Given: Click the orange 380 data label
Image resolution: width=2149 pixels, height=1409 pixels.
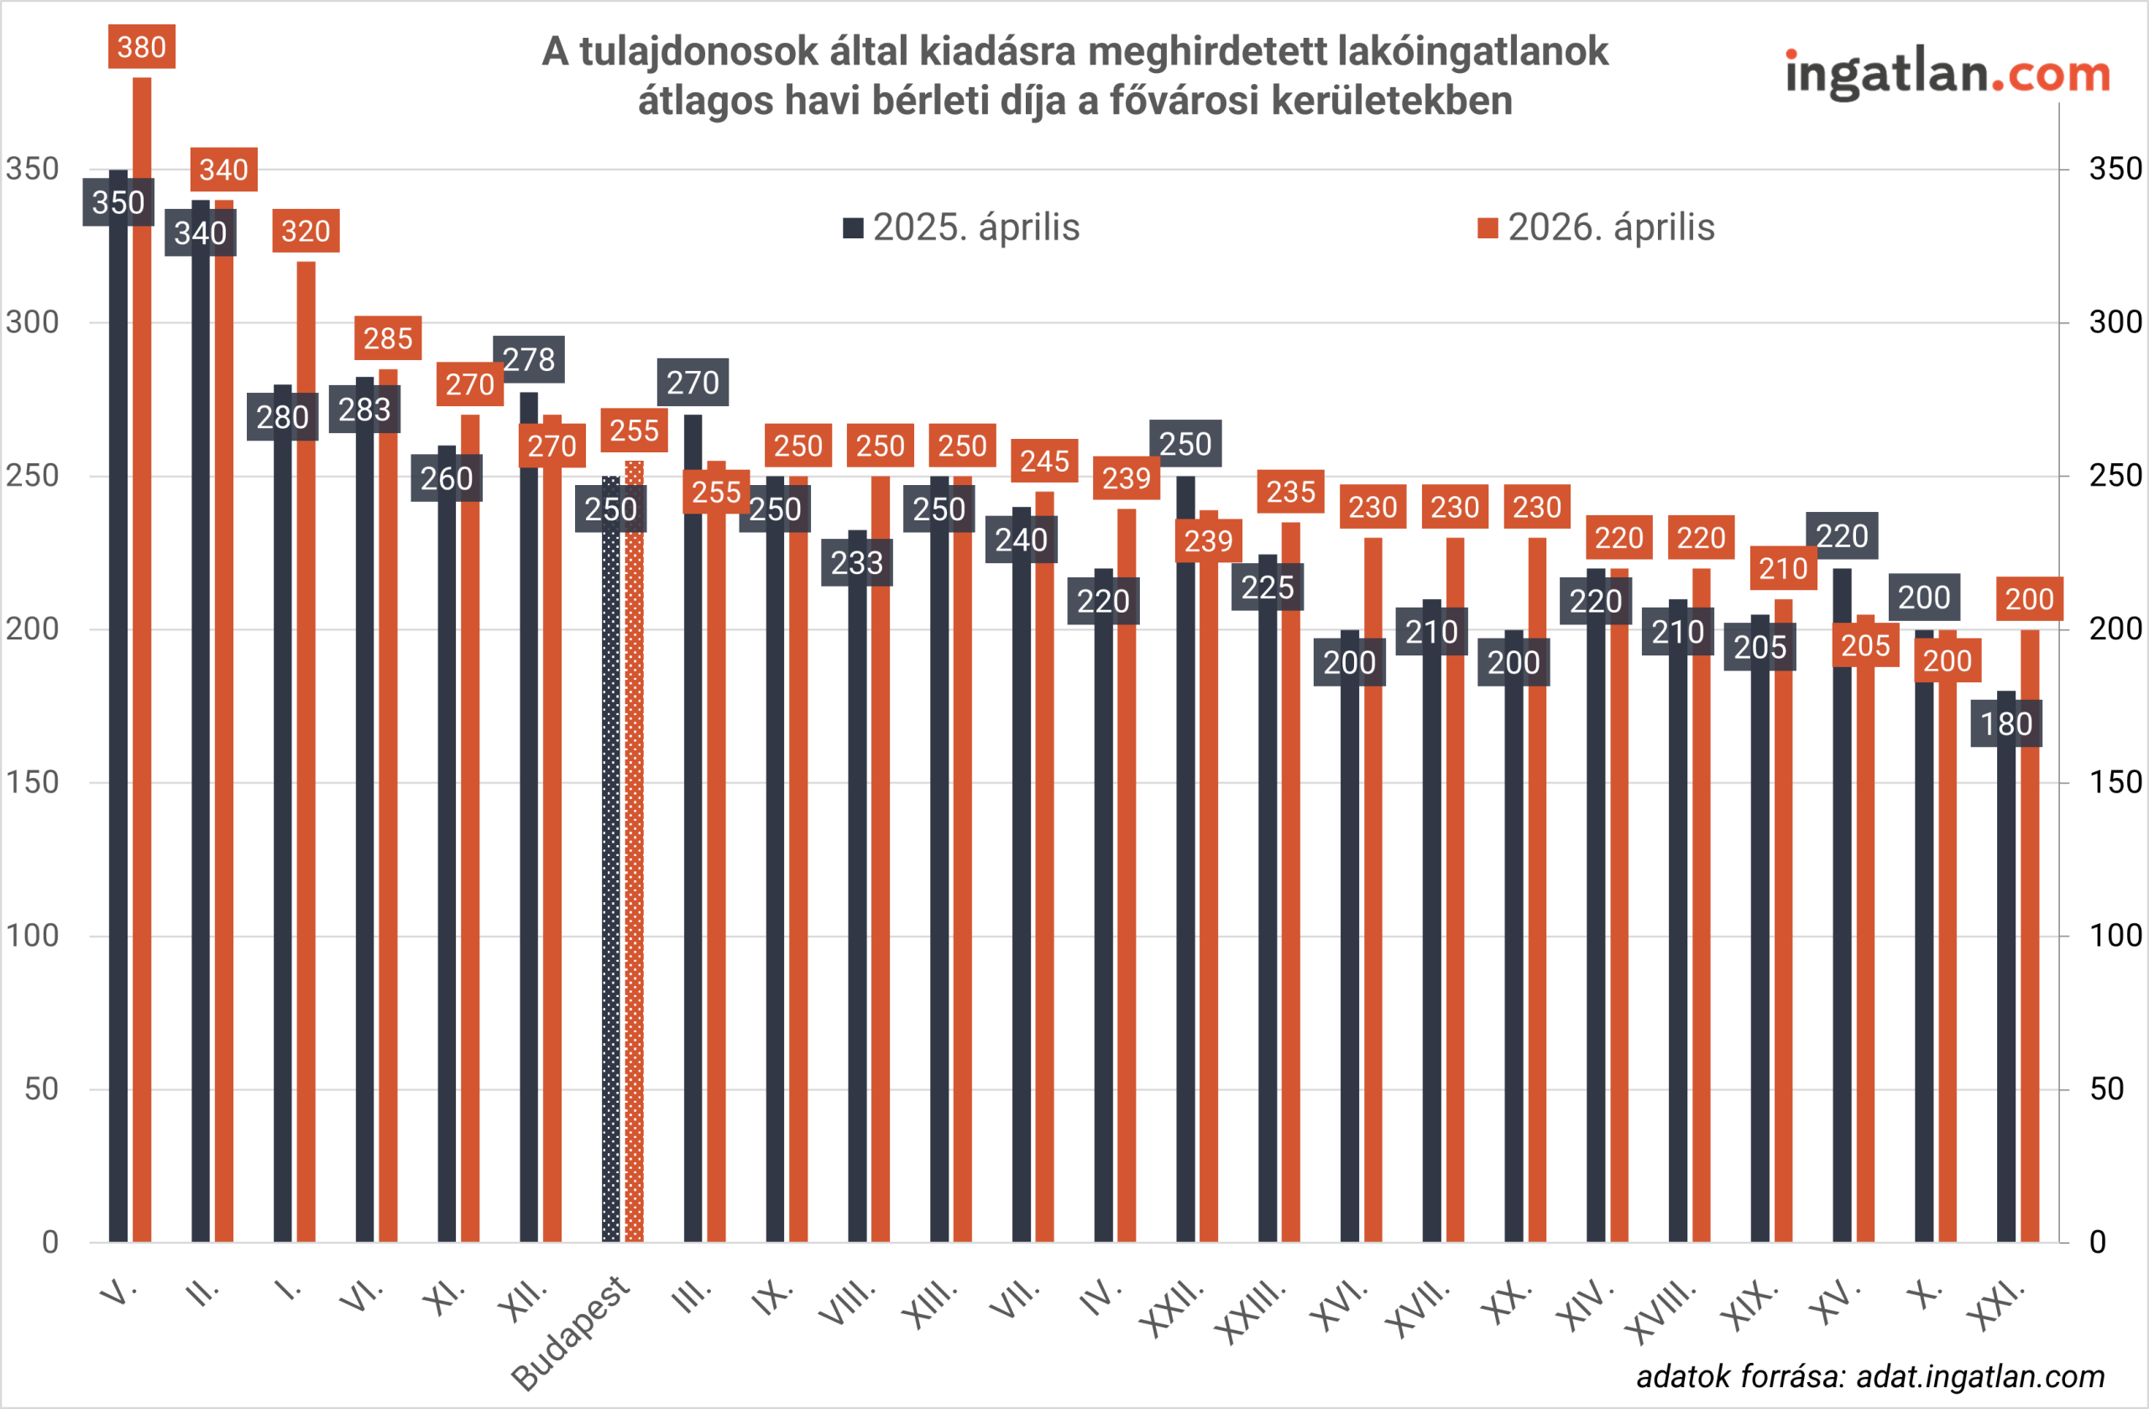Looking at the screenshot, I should [142, 47].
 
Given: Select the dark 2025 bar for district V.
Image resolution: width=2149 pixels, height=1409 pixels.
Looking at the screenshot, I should [118, 722].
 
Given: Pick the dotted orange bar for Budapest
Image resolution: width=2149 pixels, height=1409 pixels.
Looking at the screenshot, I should [635, 858].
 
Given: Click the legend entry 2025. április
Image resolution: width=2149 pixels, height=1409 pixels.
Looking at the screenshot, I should [962, 227].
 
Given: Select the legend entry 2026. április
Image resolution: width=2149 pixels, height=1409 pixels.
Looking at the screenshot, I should [1597, 227].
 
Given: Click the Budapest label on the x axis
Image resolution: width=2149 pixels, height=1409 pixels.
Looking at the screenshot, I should [571, 1333].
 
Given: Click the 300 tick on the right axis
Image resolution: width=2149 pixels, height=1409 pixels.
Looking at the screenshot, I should [2115, 322].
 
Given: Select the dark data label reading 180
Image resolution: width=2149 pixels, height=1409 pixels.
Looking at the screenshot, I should [2006, 724].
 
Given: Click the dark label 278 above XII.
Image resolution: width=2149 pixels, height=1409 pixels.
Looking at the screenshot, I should [529, 359].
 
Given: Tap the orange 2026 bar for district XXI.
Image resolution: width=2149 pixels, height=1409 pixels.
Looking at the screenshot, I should [2030, 939].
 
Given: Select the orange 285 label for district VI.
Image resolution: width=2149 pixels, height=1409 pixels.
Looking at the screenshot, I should [389, 338].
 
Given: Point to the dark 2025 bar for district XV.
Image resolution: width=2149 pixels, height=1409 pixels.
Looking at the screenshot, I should [1842, 903].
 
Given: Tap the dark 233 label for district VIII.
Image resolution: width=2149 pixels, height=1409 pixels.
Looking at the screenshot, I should [857, 563].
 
